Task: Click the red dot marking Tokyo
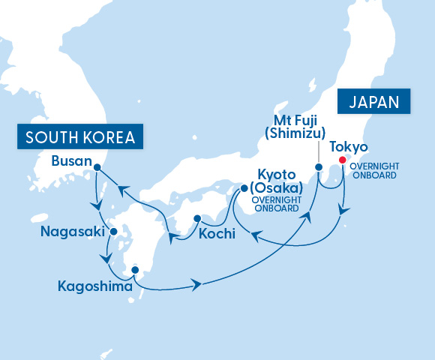tap(342, 160)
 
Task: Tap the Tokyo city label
tap(348, 146)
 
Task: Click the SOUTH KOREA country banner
tap(79, 137)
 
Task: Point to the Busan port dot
tap(97, 176)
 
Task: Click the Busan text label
tap(72, 161)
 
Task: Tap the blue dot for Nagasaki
tap(112, 232)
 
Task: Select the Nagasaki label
tap(73, 232)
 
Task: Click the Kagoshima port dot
tap(135, 269)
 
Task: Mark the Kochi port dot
tap(196, 219)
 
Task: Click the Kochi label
tap(217, 234)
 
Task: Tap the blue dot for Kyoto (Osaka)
tap(244, 188)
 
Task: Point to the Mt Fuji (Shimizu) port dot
tap(318, 166)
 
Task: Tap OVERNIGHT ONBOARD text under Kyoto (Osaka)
tap(276, 205)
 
